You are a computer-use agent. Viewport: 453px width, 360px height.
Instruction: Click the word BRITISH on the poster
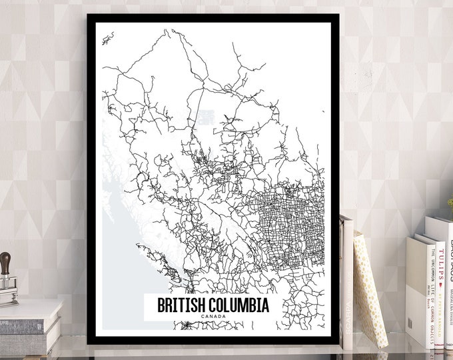[x=177, y=305]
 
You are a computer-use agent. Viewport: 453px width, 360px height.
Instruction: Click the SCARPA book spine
[x=347, y=280]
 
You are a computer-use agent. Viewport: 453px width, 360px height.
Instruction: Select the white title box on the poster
[x=213, y=309]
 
